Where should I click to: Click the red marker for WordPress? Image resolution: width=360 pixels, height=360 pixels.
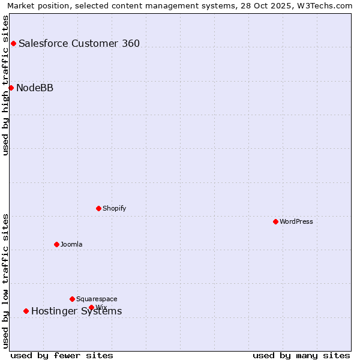(x=275, y=221)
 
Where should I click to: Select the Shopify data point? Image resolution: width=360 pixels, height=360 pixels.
(x=98, y=208)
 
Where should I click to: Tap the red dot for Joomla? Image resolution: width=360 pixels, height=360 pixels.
(x=56, y=244)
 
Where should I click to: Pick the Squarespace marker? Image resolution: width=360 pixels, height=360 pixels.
(x=72, y=299)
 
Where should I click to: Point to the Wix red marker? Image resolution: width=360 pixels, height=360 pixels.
(x=91, y=307)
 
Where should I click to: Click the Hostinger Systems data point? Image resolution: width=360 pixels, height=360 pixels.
(x=26, y=311)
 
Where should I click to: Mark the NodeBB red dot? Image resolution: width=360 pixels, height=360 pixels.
(x=11, y=88)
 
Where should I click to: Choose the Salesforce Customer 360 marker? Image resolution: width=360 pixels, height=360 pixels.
(x=13, y=43)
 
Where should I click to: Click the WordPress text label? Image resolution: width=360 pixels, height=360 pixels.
(x=296, y=221)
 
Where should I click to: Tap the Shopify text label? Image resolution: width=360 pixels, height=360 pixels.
(x=115, y=208)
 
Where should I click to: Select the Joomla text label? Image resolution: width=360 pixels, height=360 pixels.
(x=71, y=244)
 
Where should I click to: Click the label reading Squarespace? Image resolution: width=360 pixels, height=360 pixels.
(x=97, y=299)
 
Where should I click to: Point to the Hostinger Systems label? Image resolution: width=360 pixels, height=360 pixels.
(x=77, y=311)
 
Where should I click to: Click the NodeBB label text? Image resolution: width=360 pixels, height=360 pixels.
(x=35, y=88)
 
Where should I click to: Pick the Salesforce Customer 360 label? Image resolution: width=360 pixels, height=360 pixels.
(x=79, y=43)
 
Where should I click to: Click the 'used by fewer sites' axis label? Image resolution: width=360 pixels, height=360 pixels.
(x=62, y=355)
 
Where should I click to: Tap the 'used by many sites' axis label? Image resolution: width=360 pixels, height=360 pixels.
(x=301, y=355)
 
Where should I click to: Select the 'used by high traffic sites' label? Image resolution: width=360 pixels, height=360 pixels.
(x=5, y=85)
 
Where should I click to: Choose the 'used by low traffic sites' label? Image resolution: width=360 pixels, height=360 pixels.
(x=5, y=281)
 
